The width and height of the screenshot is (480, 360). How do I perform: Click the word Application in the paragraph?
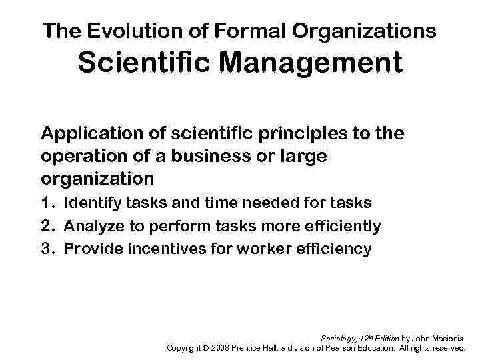(91, 133)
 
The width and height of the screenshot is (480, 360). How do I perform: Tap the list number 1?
(46, 203)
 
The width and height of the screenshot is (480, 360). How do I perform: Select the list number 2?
(47, 227)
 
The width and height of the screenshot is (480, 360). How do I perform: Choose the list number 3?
(47, 249)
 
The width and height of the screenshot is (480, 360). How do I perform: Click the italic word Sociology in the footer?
(339, 337)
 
